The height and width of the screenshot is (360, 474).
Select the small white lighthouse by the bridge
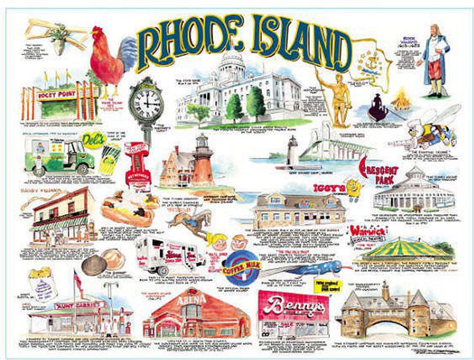coord(293,152)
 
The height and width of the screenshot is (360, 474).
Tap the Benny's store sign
coord(293,305)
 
